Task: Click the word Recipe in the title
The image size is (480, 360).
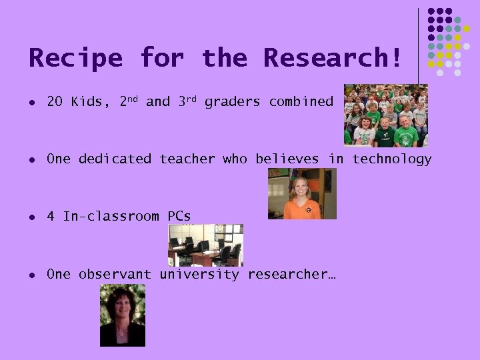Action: (75, 58)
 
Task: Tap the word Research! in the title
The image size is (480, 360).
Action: (333, 58)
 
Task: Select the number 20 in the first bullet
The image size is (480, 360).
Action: (55, 102)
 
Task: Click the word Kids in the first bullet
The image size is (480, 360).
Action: (87, 102)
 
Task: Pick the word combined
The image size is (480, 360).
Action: (301, 102)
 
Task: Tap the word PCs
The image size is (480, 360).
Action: (179, 217)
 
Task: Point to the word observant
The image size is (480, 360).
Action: (115, 274)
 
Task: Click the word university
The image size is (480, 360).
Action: (199, 274)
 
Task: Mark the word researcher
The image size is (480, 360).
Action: (291, 274)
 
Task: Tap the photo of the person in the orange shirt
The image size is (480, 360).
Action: (302, 193)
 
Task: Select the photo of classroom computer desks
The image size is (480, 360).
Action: (205, 245)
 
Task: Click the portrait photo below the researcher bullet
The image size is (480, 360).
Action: (123, 315)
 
